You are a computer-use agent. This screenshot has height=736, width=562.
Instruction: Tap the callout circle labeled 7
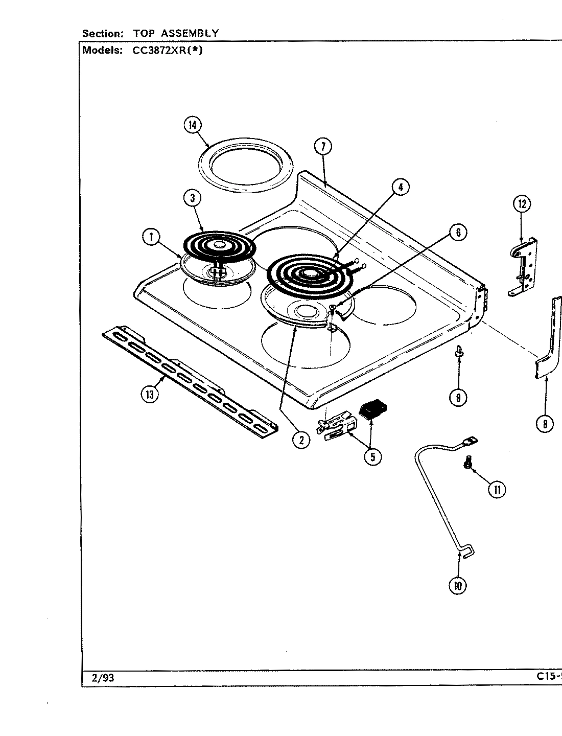click(x=323, y=147)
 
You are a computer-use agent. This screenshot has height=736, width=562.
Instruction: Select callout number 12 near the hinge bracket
click(x=522, y=205)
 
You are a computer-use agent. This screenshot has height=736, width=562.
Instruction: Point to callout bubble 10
click(x=457, y=586)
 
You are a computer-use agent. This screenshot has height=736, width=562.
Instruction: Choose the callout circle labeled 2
click(x=301, y=440)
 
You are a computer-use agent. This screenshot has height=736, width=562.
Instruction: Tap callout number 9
click(x=458, y=397)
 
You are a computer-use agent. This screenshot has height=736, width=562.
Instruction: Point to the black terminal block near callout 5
click(x=374, y=409)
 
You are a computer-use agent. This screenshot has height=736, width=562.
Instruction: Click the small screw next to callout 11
click(x=466, y=463)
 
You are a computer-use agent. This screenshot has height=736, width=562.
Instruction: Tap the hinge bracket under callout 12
click(x=524, y=266)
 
